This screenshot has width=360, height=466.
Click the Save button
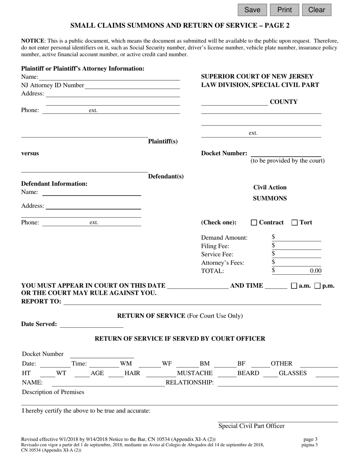[x=252, y=10]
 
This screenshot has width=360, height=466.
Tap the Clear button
[x=316, y=10]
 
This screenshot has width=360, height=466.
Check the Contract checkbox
[x=254, y=223]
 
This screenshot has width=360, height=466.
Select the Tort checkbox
[x=294, y=223]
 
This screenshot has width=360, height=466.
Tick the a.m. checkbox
[x=294, y=286]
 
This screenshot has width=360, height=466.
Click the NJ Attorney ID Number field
[x=132, y=86]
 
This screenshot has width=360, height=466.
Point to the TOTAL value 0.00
[x=315, y=271]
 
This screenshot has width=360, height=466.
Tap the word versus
[x=30, y=153]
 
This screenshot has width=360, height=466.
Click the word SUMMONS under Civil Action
[x=270, y=199]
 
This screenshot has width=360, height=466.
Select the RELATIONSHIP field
[x=277, y=383]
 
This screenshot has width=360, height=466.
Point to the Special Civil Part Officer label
[x=251, y=426]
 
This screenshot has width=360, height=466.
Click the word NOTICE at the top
[x=33, y=41]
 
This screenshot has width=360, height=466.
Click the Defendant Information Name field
[x=91, y=192]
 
